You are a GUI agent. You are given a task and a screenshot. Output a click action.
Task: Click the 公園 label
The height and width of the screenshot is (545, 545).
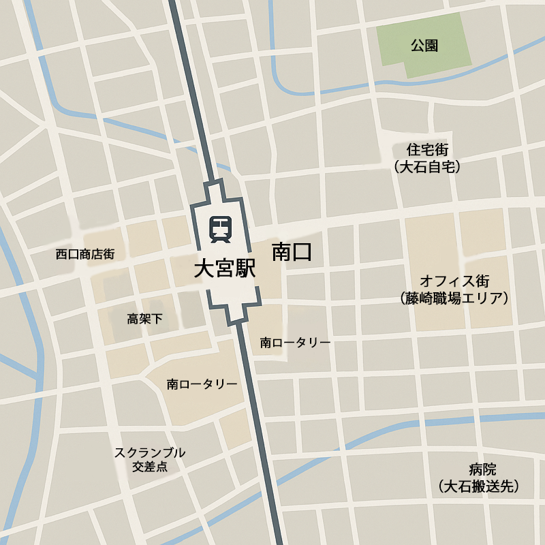click(x=424, y=46)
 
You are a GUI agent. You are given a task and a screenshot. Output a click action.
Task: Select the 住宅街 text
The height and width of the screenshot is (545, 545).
click(x=426, y=150)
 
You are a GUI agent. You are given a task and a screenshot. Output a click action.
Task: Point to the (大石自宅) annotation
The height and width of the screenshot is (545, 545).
click(x=426, y=167)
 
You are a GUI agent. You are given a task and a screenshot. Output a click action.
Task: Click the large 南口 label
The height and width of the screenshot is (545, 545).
click(x=292, y=252)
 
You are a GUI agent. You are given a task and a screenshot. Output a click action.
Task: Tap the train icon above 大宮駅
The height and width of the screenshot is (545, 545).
click(x=220, y=230)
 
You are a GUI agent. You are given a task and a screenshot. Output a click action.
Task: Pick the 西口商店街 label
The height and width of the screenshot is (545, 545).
click(x=85, y=254)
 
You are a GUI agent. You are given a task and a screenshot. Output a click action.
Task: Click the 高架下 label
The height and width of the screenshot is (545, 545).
click(x=145, y=318)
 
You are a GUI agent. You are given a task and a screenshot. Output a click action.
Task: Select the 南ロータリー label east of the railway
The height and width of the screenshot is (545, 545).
click(x=295, y=343)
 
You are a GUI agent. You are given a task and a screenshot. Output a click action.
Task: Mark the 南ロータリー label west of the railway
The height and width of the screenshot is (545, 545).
click(x=202, y=384)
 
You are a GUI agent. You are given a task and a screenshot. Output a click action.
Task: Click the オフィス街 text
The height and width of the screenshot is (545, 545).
click(x=454, y=281)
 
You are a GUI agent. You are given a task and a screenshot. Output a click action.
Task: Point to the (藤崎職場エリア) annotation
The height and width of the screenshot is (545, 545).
click(x=454, y=298)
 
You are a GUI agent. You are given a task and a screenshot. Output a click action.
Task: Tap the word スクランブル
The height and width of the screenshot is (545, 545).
click(x=150, y=452)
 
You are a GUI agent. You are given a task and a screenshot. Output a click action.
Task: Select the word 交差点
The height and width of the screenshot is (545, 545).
click(x=150, y=467)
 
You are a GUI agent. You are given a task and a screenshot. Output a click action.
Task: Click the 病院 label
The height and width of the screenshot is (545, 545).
click(x=482, y=469)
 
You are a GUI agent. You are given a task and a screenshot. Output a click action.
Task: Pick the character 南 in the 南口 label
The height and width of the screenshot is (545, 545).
click(x=281, y=252)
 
